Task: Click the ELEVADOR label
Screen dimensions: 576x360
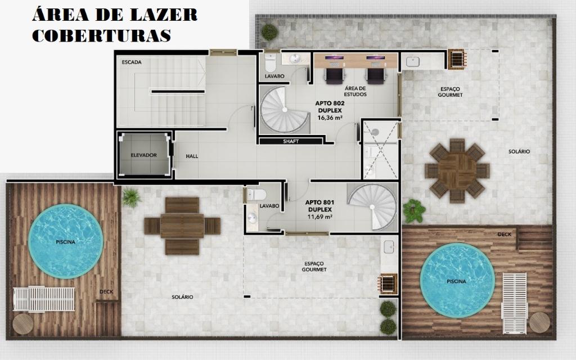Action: coord(143,155)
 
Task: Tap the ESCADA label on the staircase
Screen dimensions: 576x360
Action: coord(132,62)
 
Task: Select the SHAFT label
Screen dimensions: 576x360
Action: coord(291,141)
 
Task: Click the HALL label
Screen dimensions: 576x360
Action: coord(192,156)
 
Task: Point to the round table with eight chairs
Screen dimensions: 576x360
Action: coord(457,170)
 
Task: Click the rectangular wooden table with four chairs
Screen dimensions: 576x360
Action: coord(182,226)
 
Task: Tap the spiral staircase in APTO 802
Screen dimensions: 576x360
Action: coord(285,110)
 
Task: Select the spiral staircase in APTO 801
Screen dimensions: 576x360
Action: coord(372,207)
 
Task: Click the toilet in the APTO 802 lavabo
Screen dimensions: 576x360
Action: coord(270,63)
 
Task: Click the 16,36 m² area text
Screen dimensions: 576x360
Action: coord(330,118)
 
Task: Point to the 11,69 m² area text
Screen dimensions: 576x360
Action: coord(319,217)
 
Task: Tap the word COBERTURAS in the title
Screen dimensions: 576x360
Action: coord(101,35)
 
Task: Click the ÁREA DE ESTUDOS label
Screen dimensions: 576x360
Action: coord(355,91)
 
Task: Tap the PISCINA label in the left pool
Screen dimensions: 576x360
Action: coord(65,242)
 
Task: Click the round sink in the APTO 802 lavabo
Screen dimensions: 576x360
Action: coord(295,58)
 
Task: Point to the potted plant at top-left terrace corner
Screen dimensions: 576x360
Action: coord(269,31)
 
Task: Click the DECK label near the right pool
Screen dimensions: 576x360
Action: coord(505,235)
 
